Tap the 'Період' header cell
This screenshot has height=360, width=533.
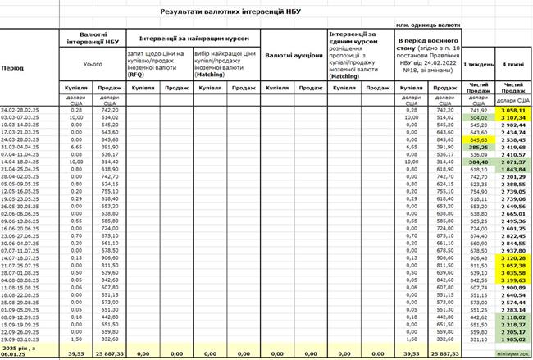click(12, 68)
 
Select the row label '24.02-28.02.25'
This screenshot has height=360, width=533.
click(22, 109)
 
